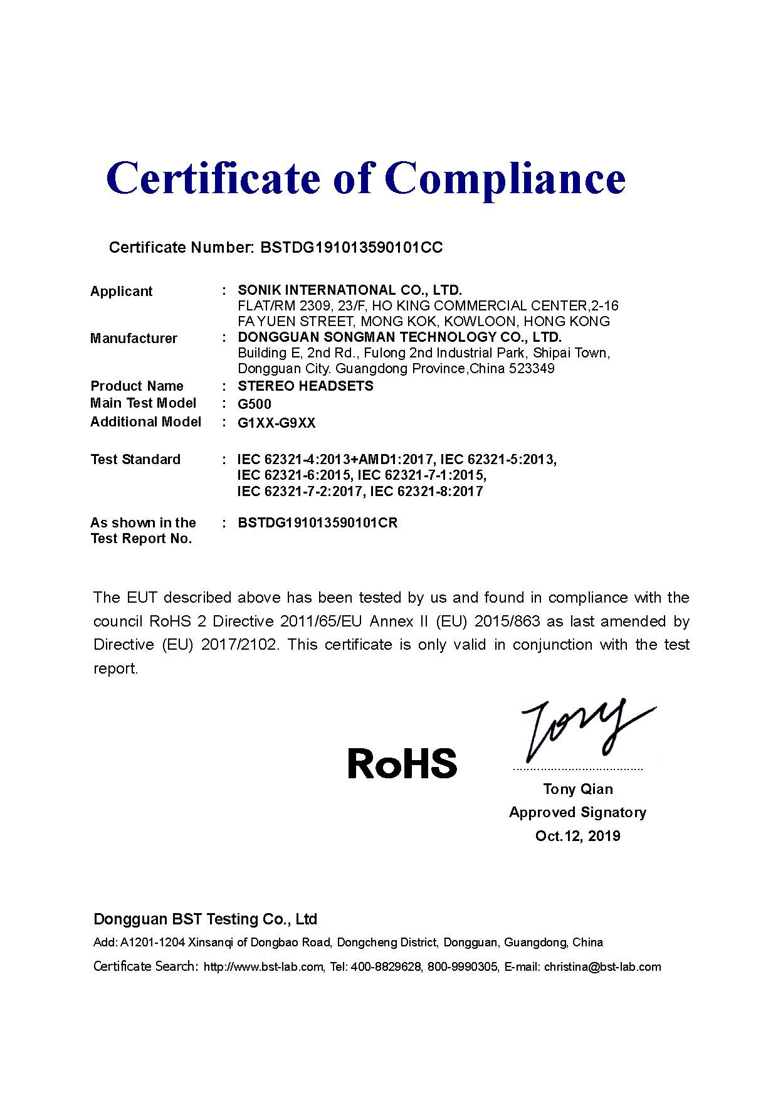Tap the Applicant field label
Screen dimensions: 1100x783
tap(121, 291)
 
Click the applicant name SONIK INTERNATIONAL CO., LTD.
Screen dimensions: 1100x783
tap(349, 290)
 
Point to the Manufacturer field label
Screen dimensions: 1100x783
tap(134, 339)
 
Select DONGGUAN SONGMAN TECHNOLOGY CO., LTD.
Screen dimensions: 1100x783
tap(399, 337)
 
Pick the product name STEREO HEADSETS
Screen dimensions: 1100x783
tap(305, 386)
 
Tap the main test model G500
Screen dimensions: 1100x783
tap(255, 404)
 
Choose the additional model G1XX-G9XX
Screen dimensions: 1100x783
tap(276, 423)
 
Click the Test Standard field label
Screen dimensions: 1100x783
tap(135, 460)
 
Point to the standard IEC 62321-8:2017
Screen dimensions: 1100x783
tap(426, 491)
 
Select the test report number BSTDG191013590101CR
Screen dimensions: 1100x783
tap(317, 523)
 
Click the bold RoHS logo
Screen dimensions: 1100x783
tap(402, 763)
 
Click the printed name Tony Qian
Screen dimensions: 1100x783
tap(577, 789)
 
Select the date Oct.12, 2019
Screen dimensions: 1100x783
tap(577, 836)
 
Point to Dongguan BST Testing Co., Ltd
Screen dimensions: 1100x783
tap(205, 919)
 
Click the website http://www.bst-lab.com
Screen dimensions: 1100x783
tap(264, 967)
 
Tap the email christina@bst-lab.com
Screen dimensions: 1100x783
tap(602, 967)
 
